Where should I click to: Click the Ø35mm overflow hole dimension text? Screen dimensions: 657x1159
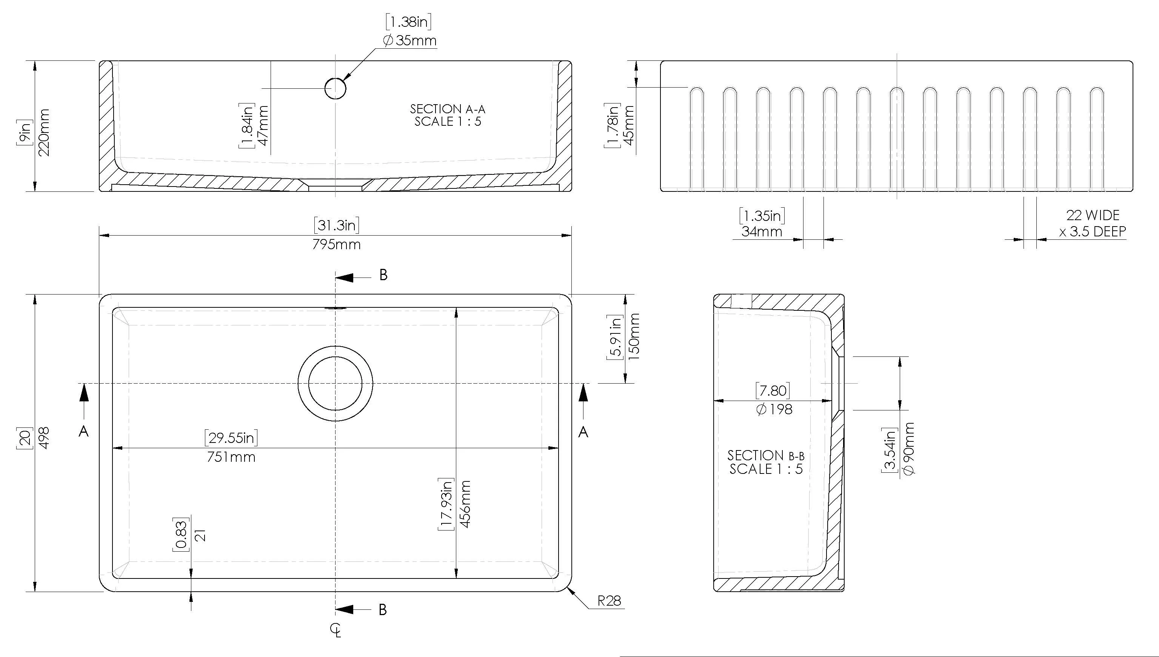tap(409, 41)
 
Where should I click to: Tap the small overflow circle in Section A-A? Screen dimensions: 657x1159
tap(336, 88)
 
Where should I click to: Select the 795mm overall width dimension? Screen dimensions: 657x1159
tap(336, 244)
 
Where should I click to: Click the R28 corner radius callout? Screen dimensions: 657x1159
tap(609, 601)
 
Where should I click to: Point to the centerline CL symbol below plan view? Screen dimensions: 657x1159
tap(335, 630)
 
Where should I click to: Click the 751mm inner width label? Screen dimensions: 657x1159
tap(231, 457)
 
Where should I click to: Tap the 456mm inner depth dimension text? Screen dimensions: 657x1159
tap(465, 504)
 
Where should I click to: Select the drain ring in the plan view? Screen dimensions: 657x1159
tap(335, 384)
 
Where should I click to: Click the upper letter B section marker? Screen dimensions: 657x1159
tap(383, 275)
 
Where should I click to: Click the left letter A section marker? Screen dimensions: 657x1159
tap(83, 432)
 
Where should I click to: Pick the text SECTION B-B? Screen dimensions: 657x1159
tap(765, 455)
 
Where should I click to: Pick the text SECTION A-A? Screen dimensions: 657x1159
tap(447, 109)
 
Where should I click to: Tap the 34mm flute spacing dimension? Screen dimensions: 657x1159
tap(762, 231)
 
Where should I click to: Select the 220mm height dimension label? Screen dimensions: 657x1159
tap(44, 132)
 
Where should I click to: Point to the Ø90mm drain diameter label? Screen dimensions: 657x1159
tap(909, 449)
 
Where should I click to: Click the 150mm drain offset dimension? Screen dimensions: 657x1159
tap(634, 336)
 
